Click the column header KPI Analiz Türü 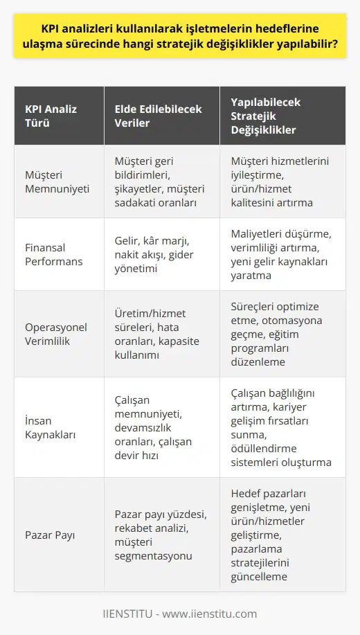(51, 115)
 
